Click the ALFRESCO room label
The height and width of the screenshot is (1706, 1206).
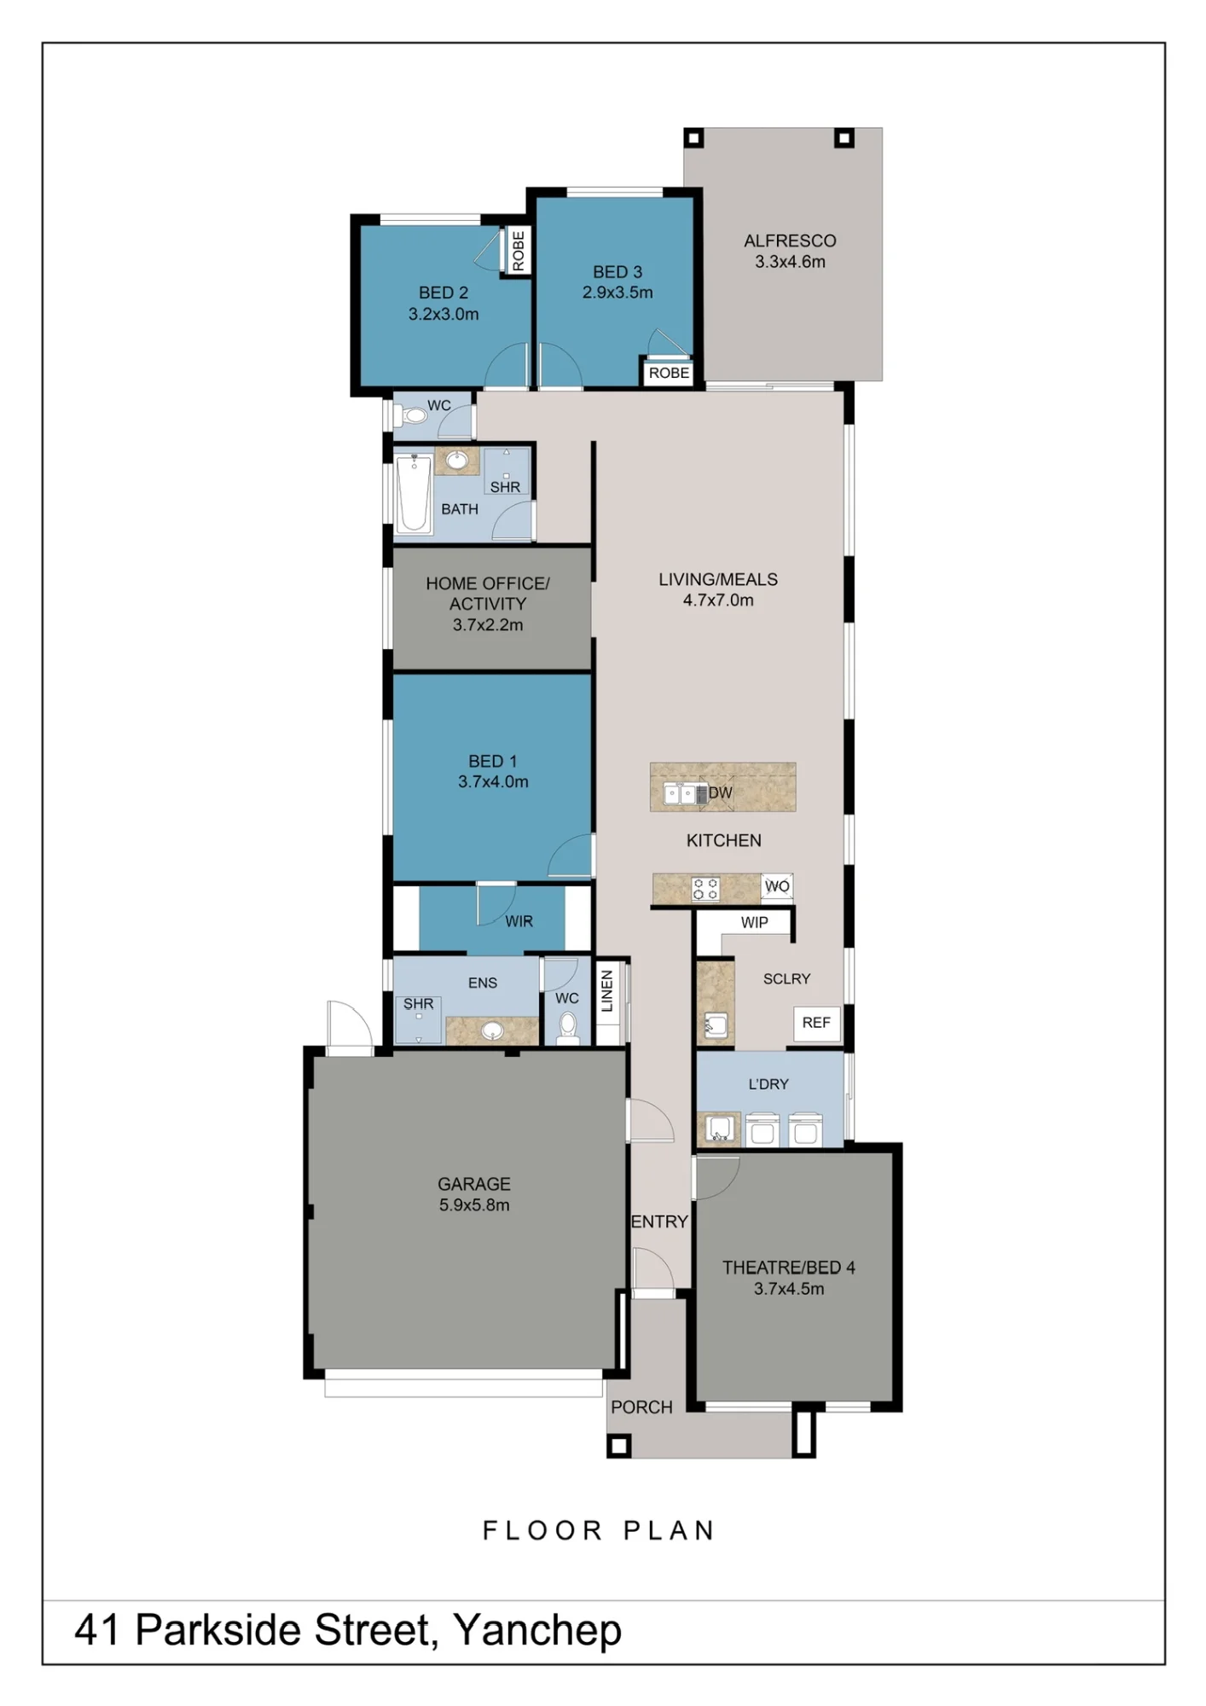point(790,241)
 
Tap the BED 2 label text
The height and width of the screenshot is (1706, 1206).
point(444,293)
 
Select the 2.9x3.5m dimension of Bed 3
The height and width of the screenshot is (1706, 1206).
point(617,293)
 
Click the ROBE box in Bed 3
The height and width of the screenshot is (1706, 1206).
point(669,373)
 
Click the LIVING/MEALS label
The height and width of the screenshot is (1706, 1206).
point(718,579)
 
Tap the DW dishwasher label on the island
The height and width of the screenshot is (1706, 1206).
point(721,792)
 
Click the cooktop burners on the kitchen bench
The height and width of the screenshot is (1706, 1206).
point(705,889)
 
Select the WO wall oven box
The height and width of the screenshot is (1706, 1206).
point(777,886)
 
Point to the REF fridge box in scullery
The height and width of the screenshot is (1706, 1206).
point(816,1023)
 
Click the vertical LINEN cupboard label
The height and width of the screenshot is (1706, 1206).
point(607,991)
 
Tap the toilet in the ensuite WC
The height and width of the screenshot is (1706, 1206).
point(567,1026)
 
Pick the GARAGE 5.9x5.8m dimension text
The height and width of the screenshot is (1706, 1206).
point(474,1205)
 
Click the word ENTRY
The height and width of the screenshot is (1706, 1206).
point(659,1221)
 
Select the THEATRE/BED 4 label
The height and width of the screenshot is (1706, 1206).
point(789,1268)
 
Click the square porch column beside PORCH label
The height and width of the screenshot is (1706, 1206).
point(619,1445)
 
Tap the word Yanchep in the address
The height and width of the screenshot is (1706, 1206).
point(537,1630)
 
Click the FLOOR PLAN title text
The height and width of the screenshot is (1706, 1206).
point(599,1530)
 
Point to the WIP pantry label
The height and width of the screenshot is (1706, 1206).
point(754,922)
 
